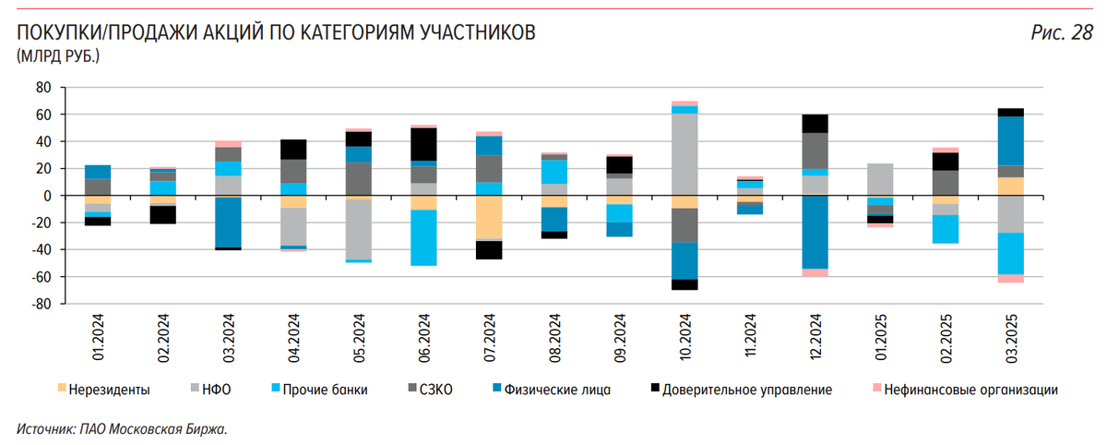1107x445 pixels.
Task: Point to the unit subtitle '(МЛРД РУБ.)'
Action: pos(57,57)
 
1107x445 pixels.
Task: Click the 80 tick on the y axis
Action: pos(42,88)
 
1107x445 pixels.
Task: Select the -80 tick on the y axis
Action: pos(41,304)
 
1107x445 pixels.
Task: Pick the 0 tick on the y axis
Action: pos(48,196)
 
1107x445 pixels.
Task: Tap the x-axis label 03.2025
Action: pos(1011,341)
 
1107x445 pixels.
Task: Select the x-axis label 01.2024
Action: pos(99,341)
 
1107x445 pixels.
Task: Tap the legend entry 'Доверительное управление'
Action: pos(747,390)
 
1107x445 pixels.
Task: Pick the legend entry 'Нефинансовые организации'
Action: pos(970,390)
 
